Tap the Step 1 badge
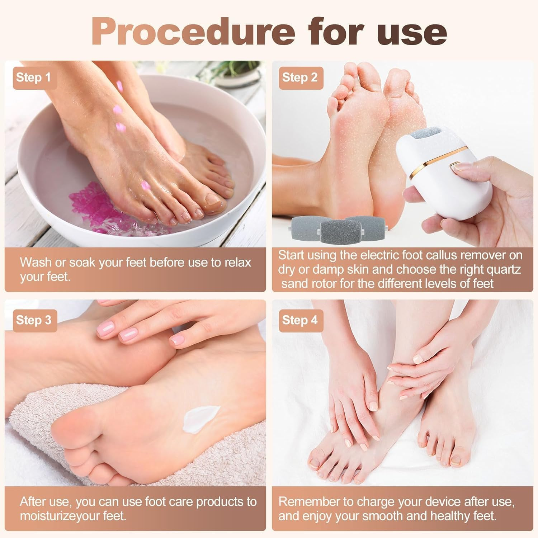pyautogui.click(x=34, y=77)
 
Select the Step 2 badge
pyautogui.click(x=300, y=77)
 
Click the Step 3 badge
pyautogui.click(x=34, y=320)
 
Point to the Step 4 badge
pyautogui.click(x=300, y=320)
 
